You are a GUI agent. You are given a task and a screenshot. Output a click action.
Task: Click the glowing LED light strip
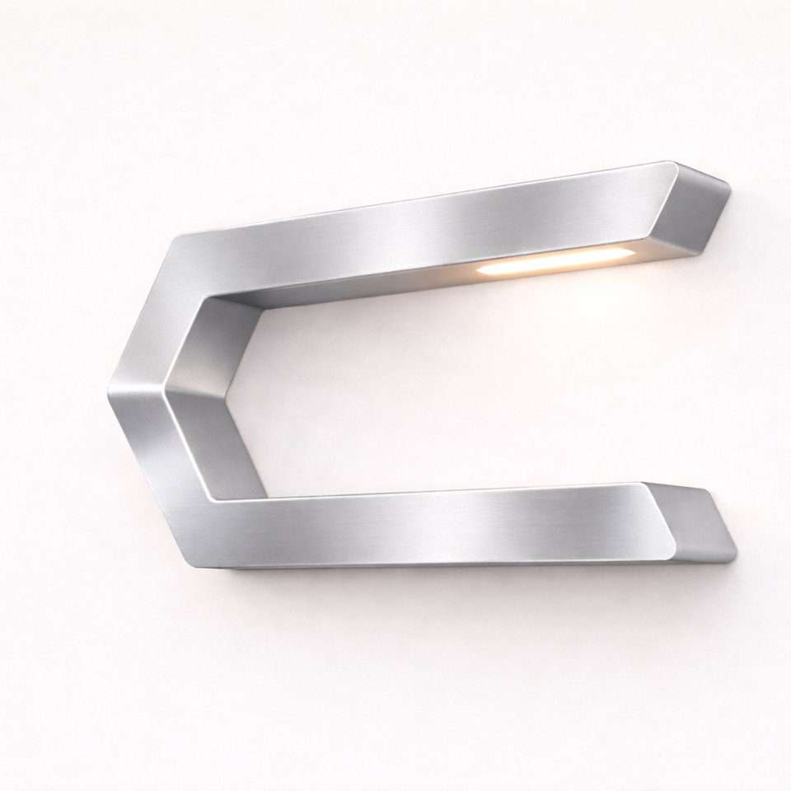coord(552,261)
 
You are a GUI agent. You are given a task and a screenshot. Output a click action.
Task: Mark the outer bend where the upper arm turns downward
coord(177,239)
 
